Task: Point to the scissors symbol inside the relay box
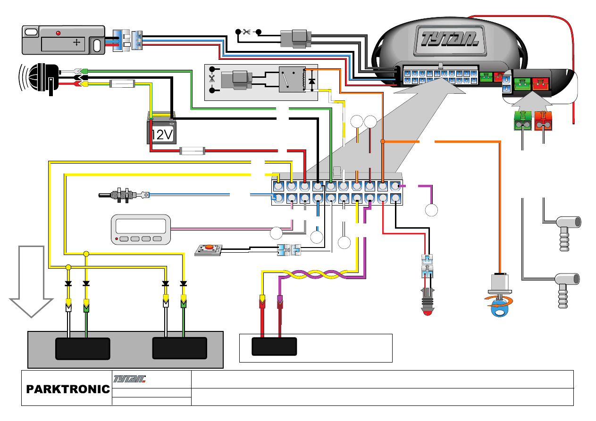click(211, 79)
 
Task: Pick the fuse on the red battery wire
click(192, 151)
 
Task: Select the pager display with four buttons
click(141, 230)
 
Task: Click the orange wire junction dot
click(383, 141)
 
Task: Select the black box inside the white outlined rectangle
click(274, 347)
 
